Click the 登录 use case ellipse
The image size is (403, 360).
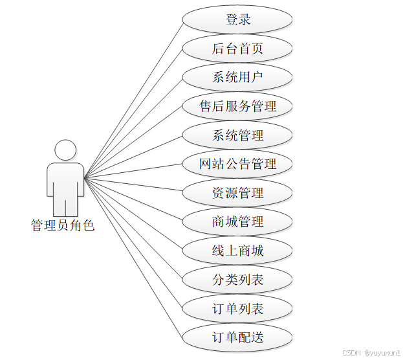[x=237, y=19]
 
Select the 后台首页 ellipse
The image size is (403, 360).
[x=237, y=49]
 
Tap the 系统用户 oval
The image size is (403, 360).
[x=237, y=78]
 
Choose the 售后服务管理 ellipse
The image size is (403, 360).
[x=237, y=106]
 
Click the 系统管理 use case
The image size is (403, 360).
[x=237, y=135]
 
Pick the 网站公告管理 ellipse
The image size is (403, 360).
[x=237, y=164]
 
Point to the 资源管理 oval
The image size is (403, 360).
[x=237, y=193]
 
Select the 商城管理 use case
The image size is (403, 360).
[x=237, y=221]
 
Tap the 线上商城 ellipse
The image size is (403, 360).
[x=237, y=251]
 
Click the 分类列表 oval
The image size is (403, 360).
[x=237, y=280]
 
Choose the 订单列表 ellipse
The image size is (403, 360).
[x=237, y=308]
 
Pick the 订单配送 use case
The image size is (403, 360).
[x=237, y=337]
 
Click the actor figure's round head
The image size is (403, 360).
[x=65, y=150]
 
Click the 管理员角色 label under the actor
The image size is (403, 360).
[x=63, y=226]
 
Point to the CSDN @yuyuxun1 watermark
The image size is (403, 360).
[x=371, y=353]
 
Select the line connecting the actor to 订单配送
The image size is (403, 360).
[x=133, y=256]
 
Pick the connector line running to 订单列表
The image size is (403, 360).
[x=133, y=242]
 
